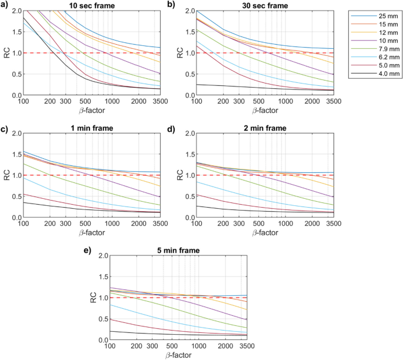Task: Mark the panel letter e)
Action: [x=89, y=249]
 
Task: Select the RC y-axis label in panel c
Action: [x=6, y=175]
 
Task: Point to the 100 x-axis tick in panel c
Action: [x=24, y=224]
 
